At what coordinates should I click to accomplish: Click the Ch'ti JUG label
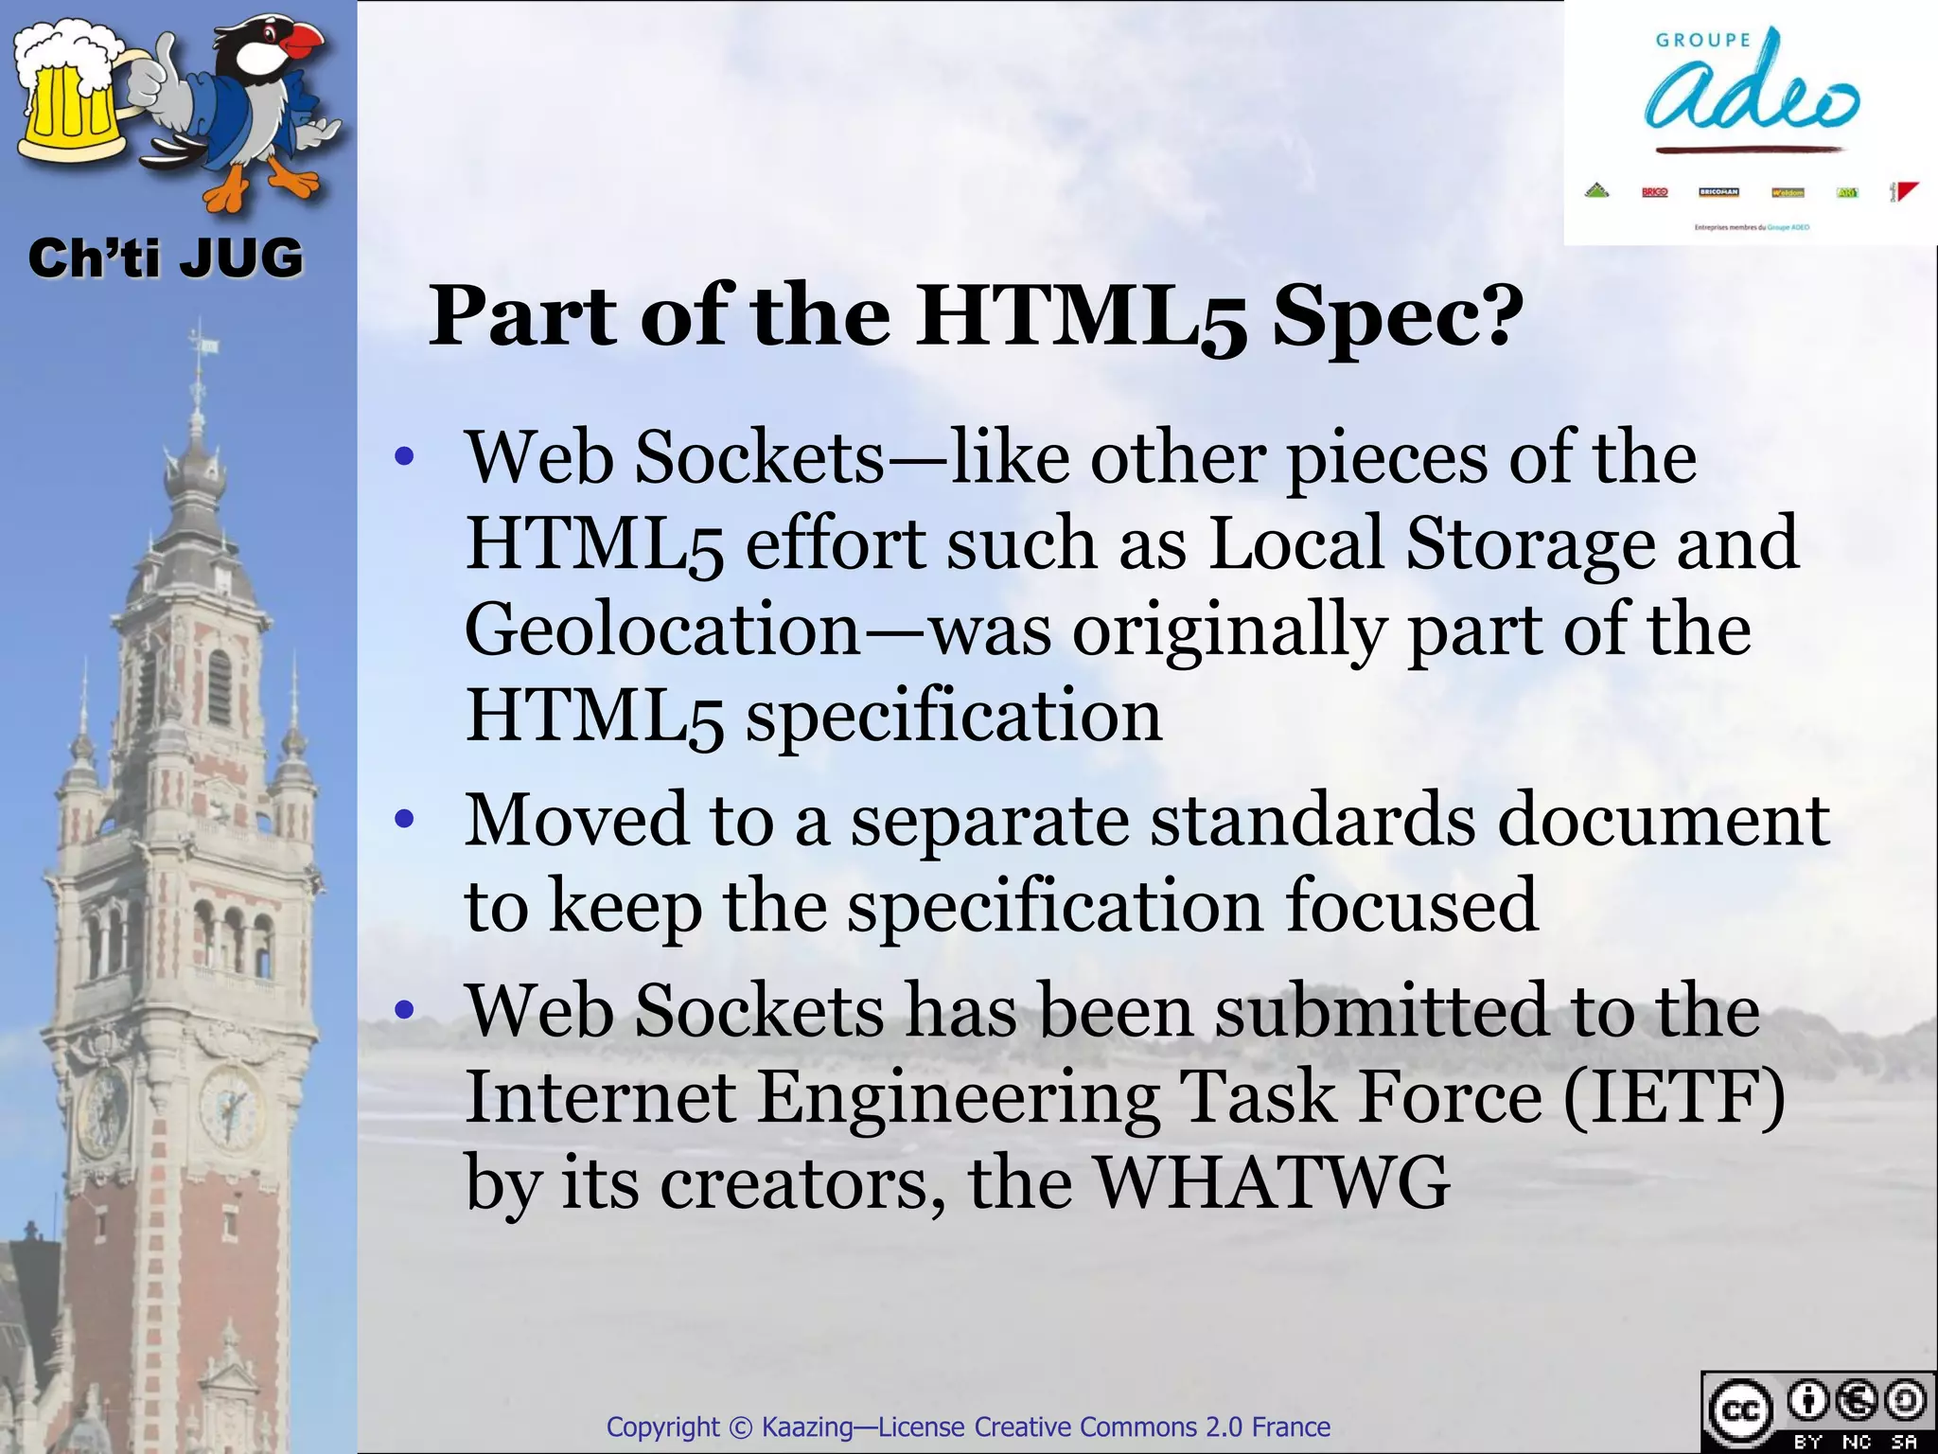tap(166, 257)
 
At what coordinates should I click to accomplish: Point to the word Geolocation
tap(662, 630)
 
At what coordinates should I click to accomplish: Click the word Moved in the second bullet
tap(576, 820)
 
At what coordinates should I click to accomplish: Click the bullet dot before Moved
tap(405, 819)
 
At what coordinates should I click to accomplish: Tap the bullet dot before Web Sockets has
tap(405, 1010)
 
